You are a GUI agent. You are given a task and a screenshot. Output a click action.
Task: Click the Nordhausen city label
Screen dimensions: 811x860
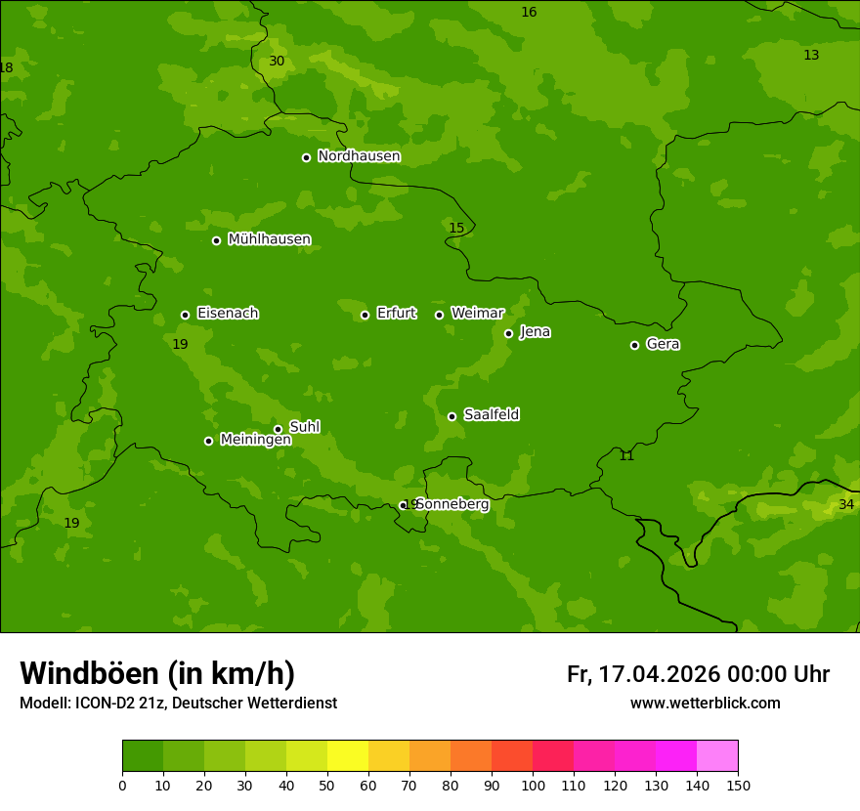pyautogui.click(x=359, y=156)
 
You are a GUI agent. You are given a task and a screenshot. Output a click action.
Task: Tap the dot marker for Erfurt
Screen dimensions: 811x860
pyautogui.click(x=365, y=315)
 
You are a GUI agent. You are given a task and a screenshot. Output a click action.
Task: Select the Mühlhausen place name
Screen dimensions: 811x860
pyautogui.click(x=269, y=239)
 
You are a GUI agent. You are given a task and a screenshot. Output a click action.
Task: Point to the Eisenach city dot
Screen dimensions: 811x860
pyautogui.click(x=185, y=315)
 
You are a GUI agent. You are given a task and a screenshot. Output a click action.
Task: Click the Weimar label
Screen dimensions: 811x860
pyautogui.click(x=477, y=314)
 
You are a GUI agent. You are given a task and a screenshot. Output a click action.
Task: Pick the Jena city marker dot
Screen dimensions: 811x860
pyautogui.click(x=508, y=333)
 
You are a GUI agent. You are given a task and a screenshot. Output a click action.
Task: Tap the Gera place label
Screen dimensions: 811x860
pyautogui.click(x=663, y=344)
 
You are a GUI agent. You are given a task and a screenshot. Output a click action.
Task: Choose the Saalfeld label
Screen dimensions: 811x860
pyautogui.click(x=491, y=415)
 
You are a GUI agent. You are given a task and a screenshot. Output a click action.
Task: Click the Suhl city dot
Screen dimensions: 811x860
pyautogui.click(x=278, y=429)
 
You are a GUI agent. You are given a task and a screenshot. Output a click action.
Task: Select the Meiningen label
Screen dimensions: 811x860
pyautogui.click(x=255, y=440)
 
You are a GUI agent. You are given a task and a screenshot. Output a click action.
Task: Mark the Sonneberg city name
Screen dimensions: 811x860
pyautogui.click(x=451, y=504)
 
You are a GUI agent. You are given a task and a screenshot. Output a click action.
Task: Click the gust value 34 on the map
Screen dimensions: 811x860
pyautogui.click(x=846, y=504)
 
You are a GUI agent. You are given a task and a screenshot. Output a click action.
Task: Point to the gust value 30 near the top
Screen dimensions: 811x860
pyautogui.click(x=277, y=61)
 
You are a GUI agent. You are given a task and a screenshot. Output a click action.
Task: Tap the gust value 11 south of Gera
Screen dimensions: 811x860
pyautogui.click(x=626, y=456)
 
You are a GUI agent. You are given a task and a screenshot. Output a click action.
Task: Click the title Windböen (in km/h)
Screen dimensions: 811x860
pyautogui.click(x=157, y=673)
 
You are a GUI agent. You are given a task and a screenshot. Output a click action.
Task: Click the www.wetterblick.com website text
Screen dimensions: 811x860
pyautogui.click(x=705, y=704)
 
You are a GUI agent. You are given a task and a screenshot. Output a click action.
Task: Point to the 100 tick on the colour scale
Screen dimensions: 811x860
pyautogui.click(x=533, y=785)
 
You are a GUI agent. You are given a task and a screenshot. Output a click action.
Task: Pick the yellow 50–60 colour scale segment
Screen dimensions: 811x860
pyautogui.click(x=348, y=756)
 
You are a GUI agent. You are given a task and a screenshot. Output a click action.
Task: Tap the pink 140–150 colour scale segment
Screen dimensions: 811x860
pyautogui.click(x=717, y=756)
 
